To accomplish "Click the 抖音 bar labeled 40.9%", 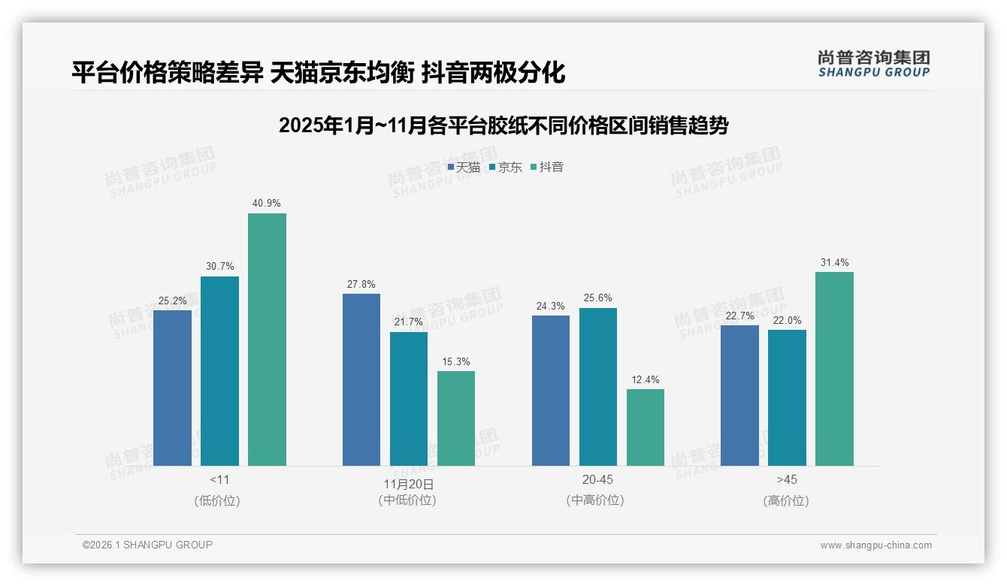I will [267, 340].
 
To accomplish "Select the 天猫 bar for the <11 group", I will [172, 388].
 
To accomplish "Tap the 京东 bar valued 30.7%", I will [219, 371].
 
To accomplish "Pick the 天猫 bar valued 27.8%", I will [361, 379].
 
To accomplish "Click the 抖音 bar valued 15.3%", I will [456, 418].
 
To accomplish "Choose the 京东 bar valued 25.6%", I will [598, 387].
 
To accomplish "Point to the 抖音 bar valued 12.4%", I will [646, 427].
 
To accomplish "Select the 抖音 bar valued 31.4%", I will [834, 369].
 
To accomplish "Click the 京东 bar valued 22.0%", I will [787, 397].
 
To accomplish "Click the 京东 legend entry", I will [506, 167].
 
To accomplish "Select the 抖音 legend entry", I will [547, 167].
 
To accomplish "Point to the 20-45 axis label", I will [597, 479].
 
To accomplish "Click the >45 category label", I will [787, 479].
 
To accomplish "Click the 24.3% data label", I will [551, 306].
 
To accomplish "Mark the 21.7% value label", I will [409, 322].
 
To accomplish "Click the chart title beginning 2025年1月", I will [503, 125].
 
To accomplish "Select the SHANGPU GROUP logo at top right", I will [873, 63].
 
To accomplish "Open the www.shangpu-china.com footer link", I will [875, 545].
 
